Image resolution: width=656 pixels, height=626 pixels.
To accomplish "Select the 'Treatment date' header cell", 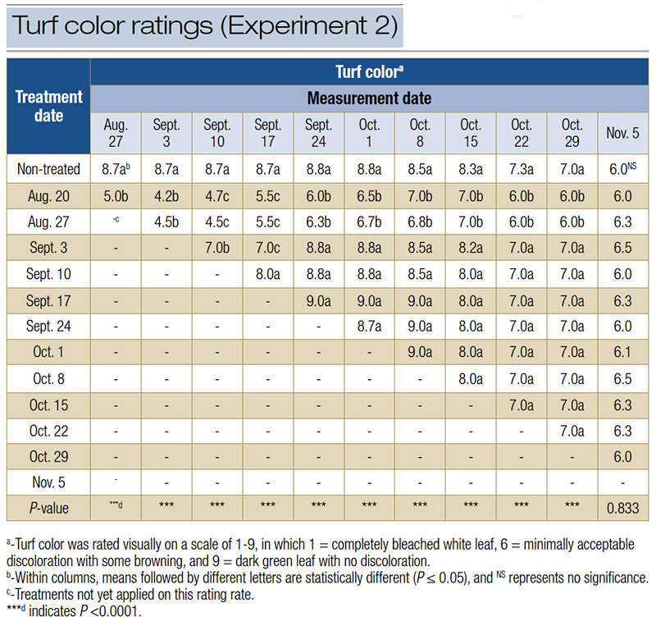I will (49, 106).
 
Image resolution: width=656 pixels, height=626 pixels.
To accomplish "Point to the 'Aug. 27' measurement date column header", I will (116, 133).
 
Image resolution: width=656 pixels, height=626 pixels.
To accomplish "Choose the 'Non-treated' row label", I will (49, 170).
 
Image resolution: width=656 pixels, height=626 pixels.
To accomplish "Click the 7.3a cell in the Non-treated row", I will (522, 170).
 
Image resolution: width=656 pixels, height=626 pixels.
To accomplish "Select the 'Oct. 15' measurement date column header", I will (471, 133).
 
